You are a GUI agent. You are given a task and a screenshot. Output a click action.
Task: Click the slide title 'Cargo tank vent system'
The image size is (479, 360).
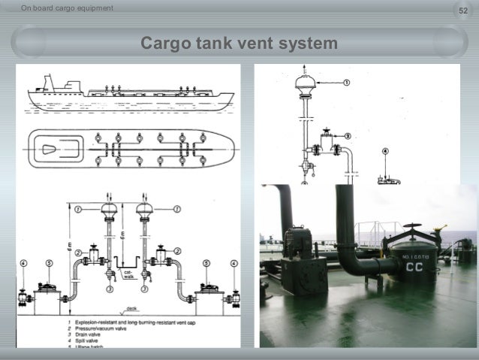(239, 44)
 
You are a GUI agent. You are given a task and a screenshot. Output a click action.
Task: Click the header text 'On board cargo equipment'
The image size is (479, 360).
(58, 8)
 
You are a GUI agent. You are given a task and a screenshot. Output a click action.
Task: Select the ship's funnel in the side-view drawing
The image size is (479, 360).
(49, 80)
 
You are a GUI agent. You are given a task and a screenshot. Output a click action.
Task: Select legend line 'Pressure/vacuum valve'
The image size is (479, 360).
(98, 328)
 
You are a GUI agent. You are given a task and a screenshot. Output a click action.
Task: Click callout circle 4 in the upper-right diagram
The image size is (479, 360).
(385, 151)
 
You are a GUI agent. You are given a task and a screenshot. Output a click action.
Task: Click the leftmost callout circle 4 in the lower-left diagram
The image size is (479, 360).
(23, 264)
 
